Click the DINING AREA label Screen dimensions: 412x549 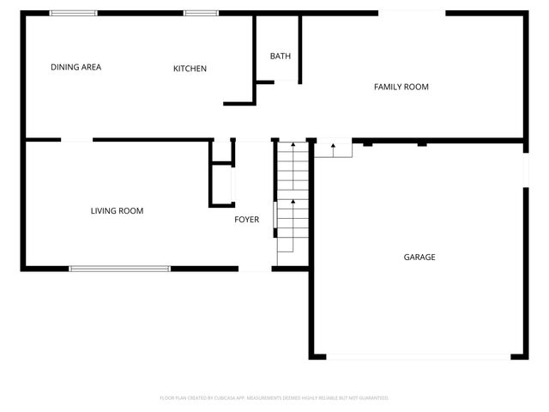pos(76,67)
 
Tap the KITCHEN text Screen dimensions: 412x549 pos(190,69)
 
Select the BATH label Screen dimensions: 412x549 pos(281,57)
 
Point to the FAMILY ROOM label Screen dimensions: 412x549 pos(401,87)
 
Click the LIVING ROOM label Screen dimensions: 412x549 pos(117,210)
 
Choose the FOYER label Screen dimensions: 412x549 pos(247,220)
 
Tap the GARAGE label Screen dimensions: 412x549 pos(419,257)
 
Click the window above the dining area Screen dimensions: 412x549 pos(73,13)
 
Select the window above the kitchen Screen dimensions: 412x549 pos(201,13)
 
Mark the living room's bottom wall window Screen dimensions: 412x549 pos(119,269)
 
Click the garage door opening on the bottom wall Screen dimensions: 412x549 pos(419,356)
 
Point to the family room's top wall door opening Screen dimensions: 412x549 pos(412,12)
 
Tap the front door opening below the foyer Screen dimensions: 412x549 pos(255,270)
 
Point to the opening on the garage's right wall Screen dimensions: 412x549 pos(523,172)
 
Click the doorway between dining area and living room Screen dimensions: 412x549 pos(76,140)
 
